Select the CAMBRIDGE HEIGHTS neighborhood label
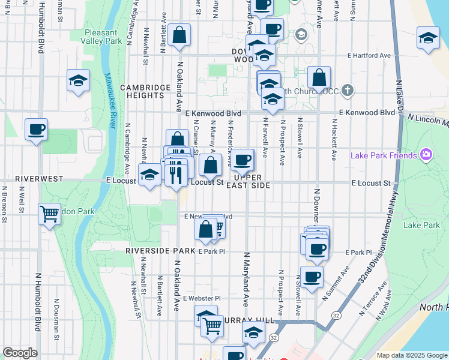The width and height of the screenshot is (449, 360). (x=145, y=91)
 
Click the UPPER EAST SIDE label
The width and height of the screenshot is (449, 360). (x=249, y=181)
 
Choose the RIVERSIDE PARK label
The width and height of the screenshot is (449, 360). (x=160, y=250)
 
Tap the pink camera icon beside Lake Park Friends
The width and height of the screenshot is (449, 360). (x=426, y=155)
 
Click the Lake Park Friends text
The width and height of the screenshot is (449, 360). (x=384, y=156)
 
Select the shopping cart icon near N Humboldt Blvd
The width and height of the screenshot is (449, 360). (x=49, y=213)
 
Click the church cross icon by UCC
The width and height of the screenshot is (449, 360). (x=347, y=91)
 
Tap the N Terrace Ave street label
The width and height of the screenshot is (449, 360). (x=371, y=302)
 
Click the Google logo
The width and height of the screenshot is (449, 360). (x=20, y=353)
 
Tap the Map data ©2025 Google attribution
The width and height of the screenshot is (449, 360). (x=411, y=355)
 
